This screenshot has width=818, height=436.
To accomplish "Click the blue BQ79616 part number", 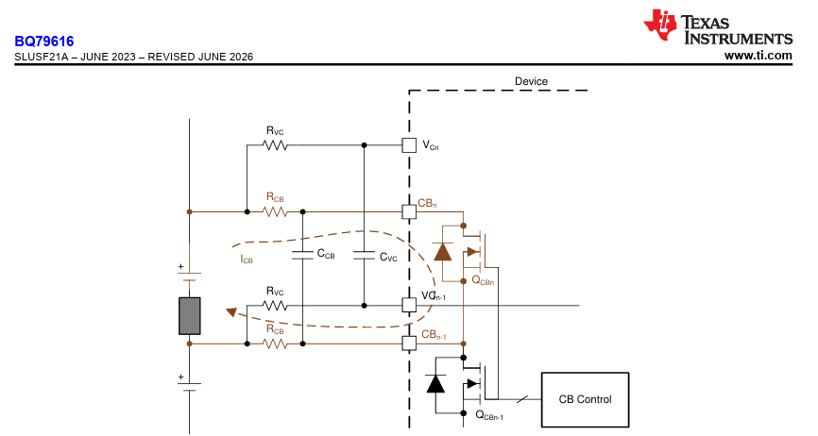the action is point(44,42).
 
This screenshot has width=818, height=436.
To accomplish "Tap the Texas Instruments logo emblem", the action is point(660,25).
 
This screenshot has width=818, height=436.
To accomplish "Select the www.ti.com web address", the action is point(758,56).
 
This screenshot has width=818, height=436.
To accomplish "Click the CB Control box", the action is point(585,399).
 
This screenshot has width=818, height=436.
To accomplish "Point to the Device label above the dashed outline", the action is point(531,81).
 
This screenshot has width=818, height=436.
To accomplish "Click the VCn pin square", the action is point(409,145).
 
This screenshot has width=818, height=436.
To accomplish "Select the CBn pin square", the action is point(409,212).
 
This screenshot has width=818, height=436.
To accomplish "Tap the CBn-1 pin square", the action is point(409,344).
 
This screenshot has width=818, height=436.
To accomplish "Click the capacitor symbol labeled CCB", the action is point(302,255).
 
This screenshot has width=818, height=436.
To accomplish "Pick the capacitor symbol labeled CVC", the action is point(365,255).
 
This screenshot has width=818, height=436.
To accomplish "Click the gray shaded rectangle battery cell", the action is point(189,315).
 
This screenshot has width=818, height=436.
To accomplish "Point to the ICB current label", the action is point(247,259).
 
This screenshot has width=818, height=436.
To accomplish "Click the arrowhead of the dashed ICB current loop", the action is point(231,312).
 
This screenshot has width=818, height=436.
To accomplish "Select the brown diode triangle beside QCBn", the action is point(443,252).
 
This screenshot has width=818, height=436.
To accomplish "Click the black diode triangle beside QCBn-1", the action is point(435,383).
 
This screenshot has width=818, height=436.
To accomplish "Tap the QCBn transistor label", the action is point(483,280).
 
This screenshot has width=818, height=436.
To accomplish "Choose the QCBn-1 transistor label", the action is point(489,415).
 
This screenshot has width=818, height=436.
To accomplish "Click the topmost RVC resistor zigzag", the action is point(275,145).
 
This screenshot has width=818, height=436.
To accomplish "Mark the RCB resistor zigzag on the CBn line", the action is point(275,212).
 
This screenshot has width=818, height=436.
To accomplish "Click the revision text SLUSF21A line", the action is point(133,57).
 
